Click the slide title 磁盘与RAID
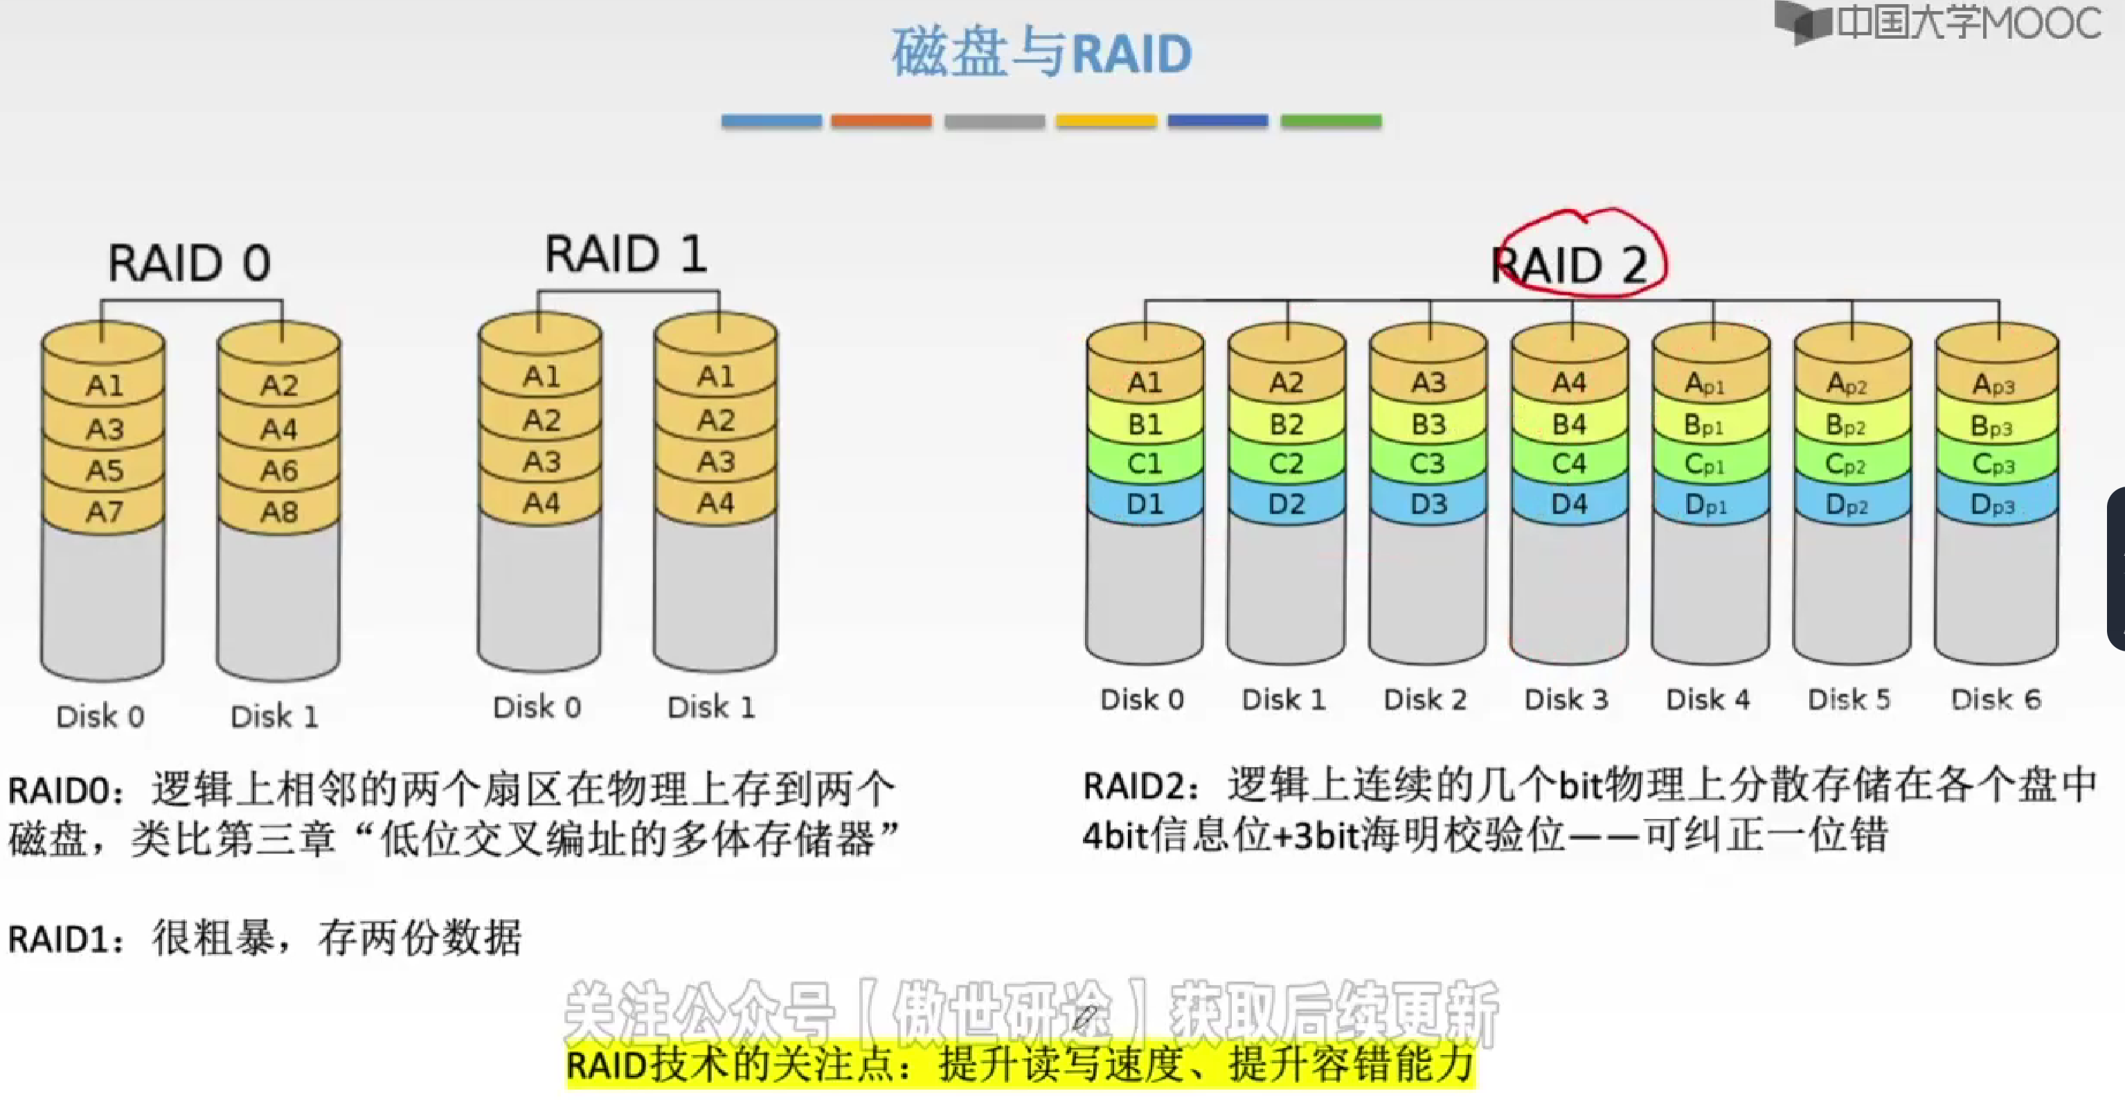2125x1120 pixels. coord(1041,53)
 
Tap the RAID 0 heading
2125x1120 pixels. coord(190,263)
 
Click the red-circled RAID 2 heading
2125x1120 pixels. coord(1570,264)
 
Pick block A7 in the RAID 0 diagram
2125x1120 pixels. coord(105,512)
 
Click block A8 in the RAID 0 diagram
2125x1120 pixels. coord(279,512)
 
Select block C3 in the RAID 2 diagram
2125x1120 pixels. coord(1428,464)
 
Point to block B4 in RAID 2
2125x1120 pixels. coord(1569,424)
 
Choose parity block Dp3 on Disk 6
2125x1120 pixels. coord(1992,504)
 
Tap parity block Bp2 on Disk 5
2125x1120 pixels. coord(1846,425)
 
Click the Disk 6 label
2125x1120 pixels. coord(1996,699)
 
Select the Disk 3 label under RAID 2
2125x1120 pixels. coord(1566,699)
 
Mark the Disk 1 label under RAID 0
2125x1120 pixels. coord(275,716)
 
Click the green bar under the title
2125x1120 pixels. coord(1331,121)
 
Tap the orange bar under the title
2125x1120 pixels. coord(881,121)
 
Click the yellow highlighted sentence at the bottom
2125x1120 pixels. coord(1021,1065)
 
